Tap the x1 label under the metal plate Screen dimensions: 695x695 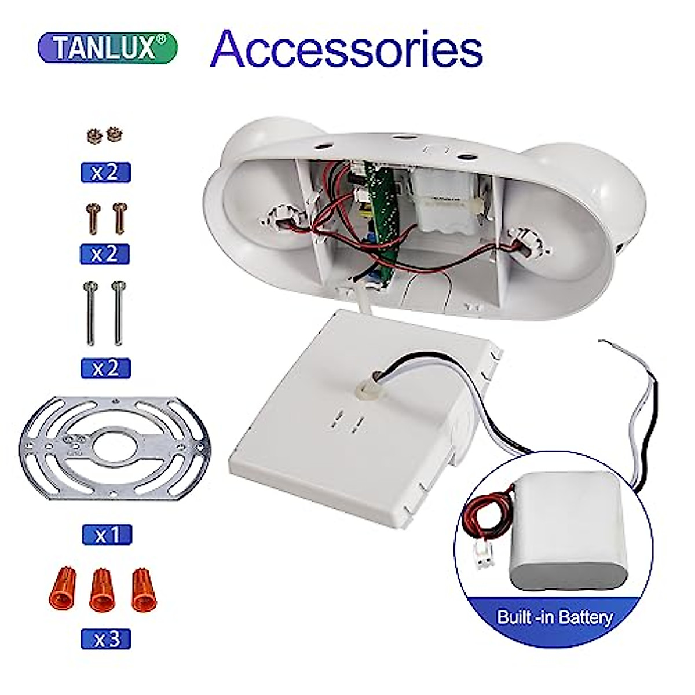point(107,535)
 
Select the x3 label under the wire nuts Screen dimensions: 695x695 point(106,639)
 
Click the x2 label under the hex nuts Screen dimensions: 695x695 point(106,173)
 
